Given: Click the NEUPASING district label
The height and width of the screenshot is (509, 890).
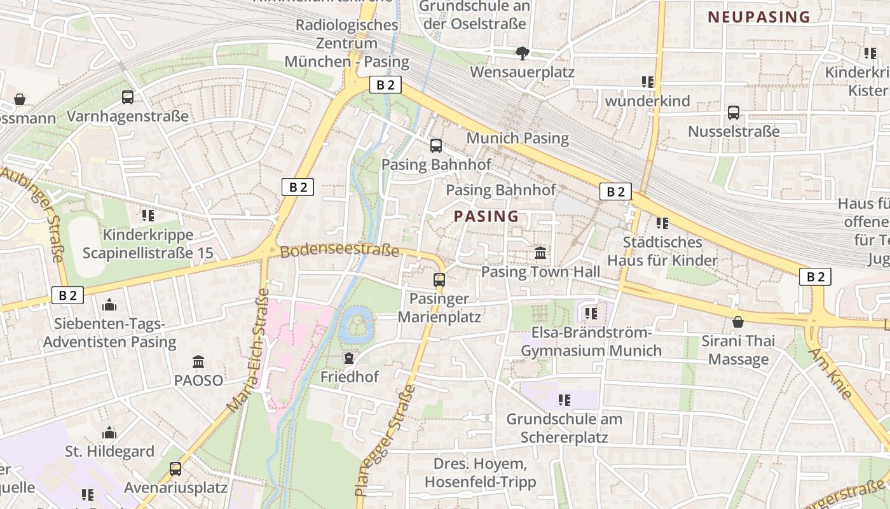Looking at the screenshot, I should click(x=759, y=17).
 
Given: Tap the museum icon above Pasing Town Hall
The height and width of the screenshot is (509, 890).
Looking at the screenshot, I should click(x=540, y=253).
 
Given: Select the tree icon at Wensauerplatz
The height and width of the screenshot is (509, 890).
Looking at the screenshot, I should click(x=523, y=53).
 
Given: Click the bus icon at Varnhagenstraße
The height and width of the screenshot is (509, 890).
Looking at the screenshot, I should click(x=128, y=97).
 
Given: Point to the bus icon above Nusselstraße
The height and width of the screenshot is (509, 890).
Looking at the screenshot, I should click(x=734, y=113).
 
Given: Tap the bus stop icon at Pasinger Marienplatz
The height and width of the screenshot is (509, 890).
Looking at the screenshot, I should click(x=439, y=279).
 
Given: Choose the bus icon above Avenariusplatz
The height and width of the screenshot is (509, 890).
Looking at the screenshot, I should click(x=175, y=469).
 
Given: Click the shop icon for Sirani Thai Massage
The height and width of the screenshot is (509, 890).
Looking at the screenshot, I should click(x=738, y=322).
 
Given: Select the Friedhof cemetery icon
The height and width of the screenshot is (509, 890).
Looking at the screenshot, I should click(x=348, y=358).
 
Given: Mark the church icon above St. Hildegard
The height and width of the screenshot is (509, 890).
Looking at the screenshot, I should click(x=109, y=433).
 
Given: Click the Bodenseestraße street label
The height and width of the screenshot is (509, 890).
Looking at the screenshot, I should click(x=339, y=251).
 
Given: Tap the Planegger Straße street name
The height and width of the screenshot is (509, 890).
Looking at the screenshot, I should click(x=385, y=440).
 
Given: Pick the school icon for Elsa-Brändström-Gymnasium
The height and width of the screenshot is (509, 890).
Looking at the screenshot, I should click(x=591, y=314).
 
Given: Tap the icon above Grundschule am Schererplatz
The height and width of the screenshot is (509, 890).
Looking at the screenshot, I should click(x=564, y=400).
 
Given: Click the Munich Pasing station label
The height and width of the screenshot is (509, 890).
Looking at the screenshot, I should click(x=517, y=138).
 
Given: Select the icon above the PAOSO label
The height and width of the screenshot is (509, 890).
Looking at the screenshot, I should click(x=198, y=362).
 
